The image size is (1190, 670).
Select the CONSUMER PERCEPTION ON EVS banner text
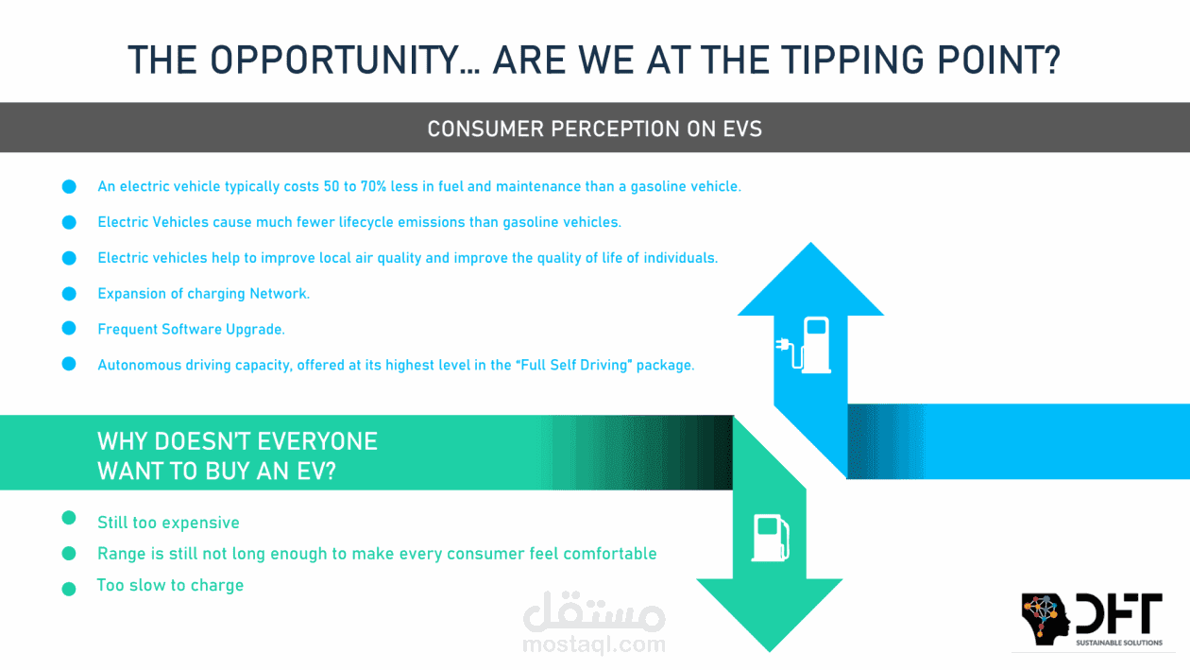[594, 129]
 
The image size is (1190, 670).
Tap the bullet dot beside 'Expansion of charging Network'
[69, 294]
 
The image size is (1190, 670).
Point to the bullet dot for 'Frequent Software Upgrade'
[69, 328]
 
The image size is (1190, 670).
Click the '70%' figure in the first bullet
[373, 187]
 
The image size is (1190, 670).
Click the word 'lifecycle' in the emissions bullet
[366, 222]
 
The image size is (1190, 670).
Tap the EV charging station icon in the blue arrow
[805, 345]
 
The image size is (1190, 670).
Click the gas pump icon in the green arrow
[771, 537]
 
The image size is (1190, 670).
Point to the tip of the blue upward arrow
[810, 243]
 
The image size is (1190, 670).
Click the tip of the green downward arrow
[770, 651]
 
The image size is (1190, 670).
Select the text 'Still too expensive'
[168, 523]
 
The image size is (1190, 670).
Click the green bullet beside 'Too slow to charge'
[69, 589]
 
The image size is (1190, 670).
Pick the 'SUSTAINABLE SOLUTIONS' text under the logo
[1119, 643]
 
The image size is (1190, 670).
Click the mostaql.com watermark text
[594, 644]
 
